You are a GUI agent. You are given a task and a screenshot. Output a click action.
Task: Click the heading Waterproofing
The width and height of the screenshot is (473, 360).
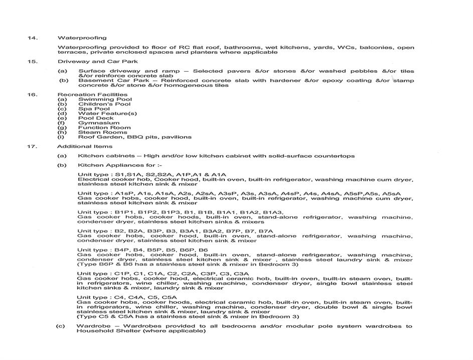coord(82,38)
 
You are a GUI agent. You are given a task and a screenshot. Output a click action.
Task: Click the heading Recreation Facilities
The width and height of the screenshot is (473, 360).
coord(92,94)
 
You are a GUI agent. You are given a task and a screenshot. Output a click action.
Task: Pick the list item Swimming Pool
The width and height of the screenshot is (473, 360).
coord(98,99)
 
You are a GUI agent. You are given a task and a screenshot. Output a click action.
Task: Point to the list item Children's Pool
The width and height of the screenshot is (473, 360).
coord(97,104)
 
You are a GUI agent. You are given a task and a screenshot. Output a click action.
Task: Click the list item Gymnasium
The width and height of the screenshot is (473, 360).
coord(94,123)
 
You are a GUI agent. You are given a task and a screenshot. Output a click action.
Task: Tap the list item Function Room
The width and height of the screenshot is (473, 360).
coord(97,128)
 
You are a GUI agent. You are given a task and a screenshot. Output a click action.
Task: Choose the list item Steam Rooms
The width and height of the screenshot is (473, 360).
coord(96,132)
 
